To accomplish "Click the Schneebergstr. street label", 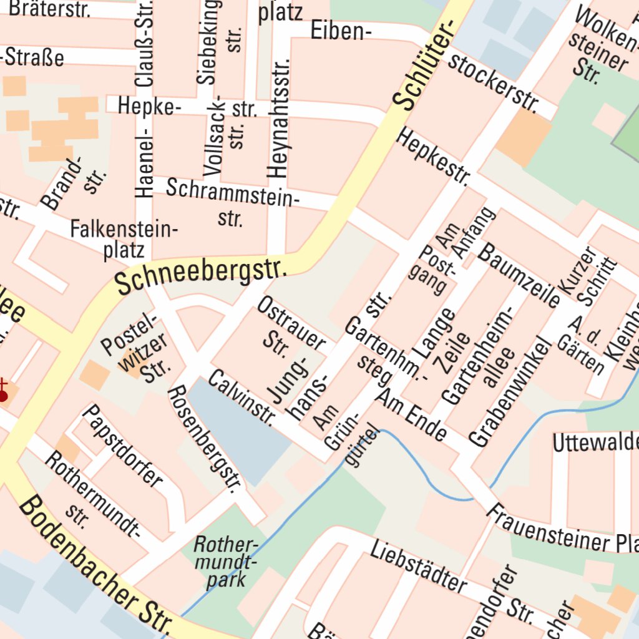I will click(202, 275).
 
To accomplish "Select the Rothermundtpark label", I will click(225, 562).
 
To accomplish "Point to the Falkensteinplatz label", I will click(124, 240).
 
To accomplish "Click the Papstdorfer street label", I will click(122, 445).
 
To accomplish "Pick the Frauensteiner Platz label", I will click(562, 530).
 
